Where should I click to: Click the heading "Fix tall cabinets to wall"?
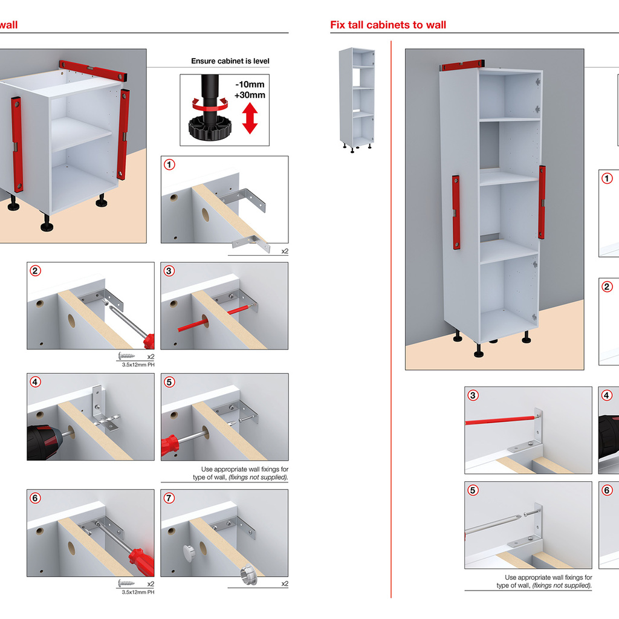coord(388,25)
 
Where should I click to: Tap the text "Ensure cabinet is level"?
coord(230,61)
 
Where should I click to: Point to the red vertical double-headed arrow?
coord(250,118)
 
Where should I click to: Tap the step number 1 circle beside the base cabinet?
coord(170,164)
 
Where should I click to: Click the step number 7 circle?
coord(170,498)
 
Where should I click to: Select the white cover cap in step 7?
coord(189,551)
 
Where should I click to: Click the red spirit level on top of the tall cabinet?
coord(463,65)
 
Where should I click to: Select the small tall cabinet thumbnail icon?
coord(357,98)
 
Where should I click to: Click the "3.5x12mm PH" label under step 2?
coord(138,365)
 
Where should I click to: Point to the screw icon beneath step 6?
coord(128,584)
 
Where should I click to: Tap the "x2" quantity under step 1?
coord(284,250)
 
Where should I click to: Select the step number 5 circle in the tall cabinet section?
coord(473,490)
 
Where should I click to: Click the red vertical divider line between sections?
coord(391,302)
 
